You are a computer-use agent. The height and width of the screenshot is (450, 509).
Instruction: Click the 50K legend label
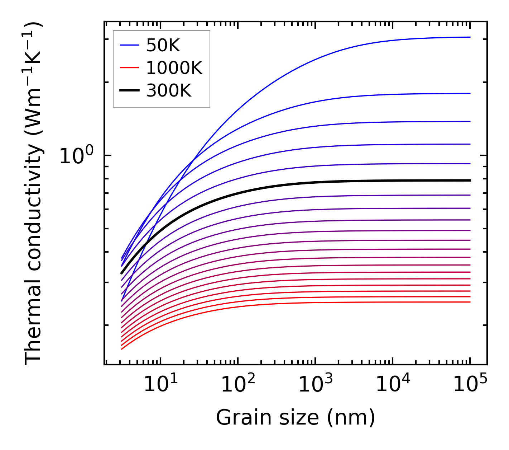[x=163, y=45]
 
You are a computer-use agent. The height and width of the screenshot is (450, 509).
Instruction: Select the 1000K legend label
[x=174, y=67]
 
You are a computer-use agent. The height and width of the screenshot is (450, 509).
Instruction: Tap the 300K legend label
[x=169, y=91]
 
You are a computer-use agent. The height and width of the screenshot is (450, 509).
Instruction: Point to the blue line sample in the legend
[x=129, y=45]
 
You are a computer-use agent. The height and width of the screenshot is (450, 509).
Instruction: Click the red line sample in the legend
[x=129, y=67]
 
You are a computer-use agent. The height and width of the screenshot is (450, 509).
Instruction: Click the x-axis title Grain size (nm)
[x=296, y=418]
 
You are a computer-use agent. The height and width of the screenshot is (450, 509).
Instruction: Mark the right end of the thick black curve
[x=470, y=180]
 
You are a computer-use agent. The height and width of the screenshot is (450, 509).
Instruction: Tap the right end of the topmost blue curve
[x=470, y=37]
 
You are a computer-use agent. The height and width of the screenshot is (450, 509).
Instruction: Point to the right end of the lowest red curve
[x=470, y=302]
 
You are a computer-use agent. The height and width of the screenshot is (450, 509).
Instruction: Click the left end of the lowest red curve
[x=122, y=349]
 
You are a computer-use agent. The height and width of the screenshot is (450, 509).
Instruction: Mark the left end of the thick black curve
[x=121, y=273]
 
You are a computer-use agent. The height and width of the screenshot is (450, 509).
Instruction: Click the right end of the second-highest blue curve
[x=470, y=93]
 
